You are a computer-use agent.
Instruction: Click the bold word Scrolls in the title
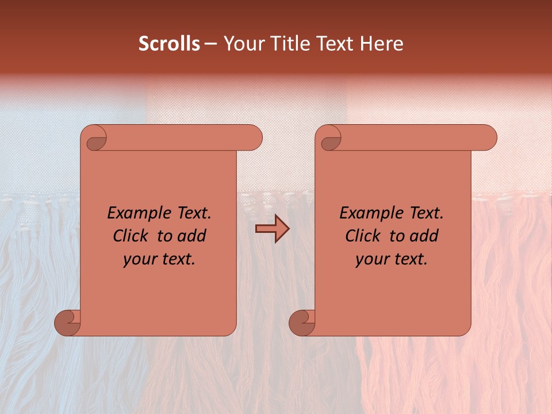point(169,44)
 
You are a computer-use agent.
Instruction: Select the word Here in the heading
point(382,44)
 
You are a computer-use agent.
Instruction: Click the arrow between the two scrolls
point(273,229)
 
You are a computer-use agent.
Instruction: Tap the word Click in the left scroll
point(131,236)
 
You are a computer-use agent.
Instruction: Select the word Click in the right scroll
point(363,236)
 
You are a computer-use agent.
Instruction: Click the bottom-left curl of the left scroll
point(66,322)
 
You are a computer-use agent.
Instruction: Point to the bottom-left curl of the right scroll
point(300,322)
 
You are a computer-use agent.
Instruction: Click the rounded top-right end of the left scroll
point(253,138)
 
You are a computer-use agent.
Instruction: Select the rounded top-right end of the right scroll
point(488,138)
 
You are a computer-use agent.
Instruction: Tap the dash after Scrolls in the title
point(210,44)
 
